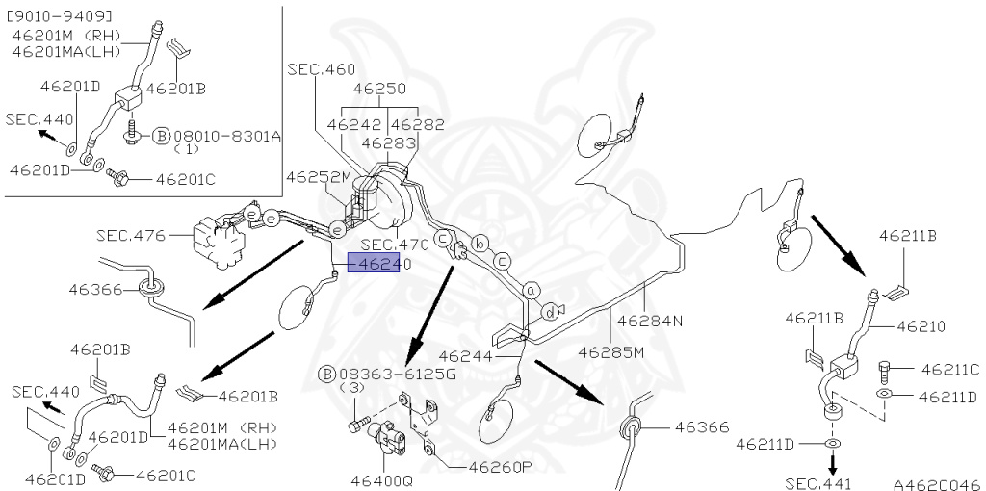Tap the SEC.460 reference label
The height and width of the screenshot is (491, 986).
click(321, 69)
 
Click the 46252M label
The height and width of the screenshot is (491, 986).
click(320, 177)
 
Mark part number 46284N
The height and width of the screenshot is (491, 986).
click(650, 322)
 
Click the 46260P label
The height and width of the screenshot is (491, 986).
click(501, 468)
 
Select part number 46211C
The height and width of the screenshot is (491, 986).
click(949, 369)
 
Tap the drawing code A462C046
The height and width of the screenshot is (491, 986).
click(935, 484)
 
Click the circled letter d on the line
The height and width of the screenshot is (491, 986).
click(550, 311)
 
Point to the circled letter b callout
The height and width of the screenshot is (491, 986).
click(481, 243)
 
